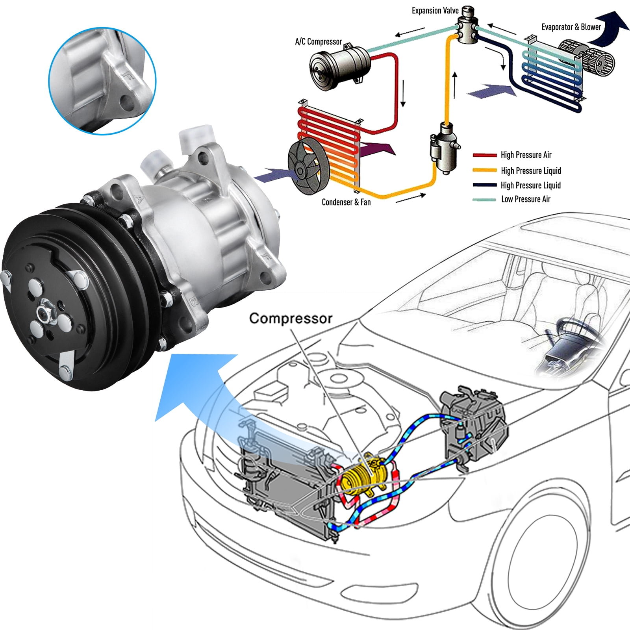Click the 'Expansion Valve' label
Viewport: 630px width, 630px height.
point(435,11)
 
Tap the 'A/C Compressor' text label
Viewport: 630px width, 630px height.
point(318,42)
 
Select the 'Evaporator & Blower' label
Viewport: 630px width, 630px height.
point(571,27)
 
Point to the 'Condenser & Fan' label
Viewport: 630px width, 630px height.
point(346,202)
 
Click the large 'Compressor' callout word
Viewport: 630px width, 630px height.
point(291,318)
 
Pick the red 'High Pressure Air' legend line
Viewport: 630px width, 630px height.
point(484,155)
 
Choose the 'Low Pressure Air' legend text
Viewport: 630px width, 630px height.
point(526,199)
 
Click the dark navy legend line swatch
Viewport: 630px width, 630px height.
point(484,185)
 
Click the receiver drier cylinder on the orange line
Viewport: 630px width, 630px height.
point(444,148)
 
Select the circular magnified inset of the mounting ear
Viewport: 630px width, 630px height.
point(102,81)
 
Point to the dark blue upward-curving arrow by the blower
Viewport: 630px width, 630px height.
point(608,28)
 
